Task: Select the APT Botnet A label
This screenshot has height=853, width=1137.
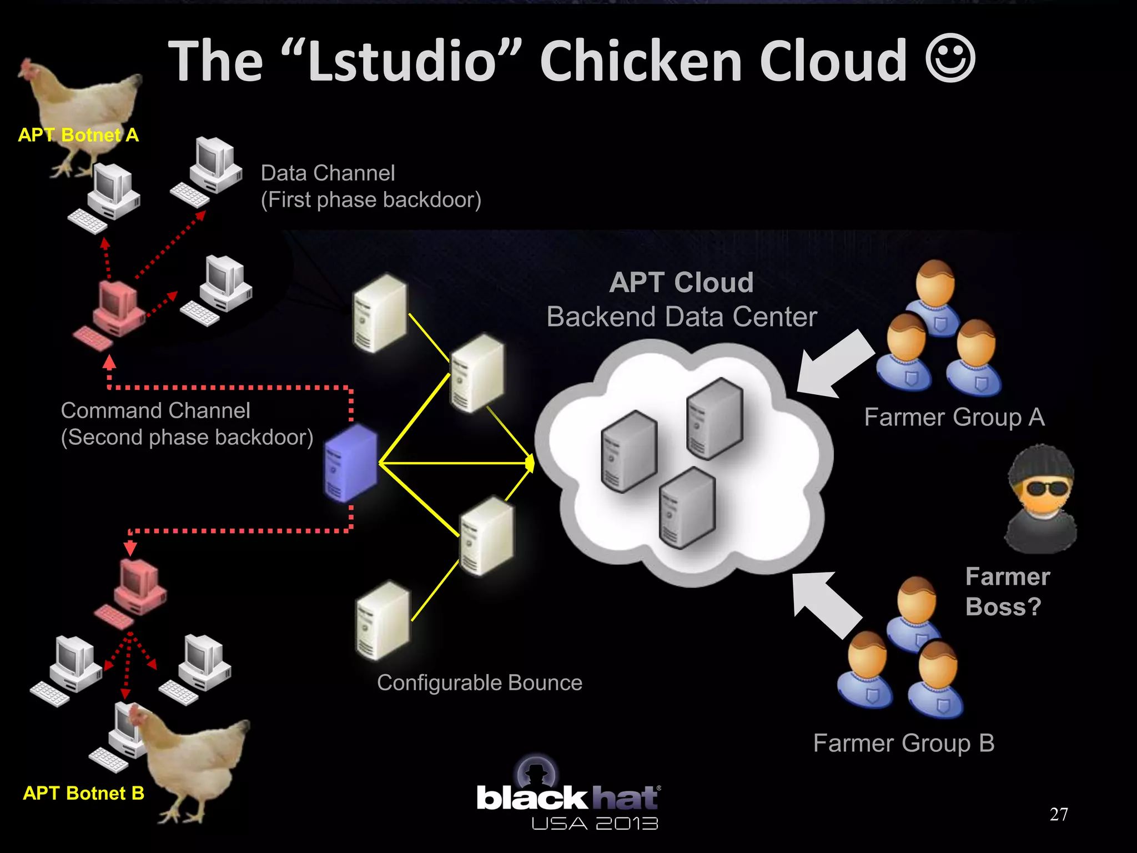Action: coord(78,135)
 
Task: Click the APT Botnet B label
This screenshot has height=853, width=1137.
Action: coord(83,793)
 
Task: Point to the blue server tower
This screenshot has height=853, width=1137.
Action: coord(351,464)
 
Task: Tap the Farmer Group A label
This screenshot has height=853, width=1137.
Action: coord(954,417)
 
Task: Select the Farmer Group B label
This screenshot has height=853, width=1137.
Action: coord(904,743)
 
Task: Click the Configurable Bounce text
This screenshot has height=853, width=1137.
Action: coord(480,683)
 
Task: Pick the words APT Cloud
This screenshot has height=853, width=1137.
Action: coord(681,283)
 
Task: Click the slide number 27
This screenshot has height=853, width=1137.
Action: coord(1059,814)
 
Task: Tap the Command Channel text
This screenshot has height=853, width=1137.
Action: coord(155,411)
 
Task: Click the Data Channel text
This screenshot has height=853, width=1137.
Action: coord(328,173)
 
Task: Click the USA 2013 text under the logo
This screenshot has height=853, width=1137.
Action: coord(595,824)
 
